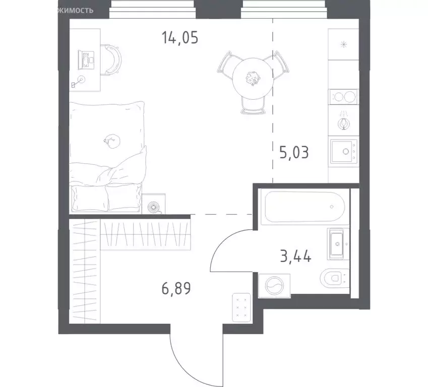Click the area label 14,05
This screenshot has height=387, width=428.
tap(180, 37)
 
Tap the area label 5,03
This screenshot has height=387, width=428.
tap(293, 151)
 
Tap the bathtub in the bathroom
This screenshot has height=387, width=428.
tap(301, 207)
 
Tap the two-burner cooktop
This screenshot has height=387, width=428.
tap(343, 96)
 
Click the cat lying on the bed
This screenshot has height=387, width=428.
tap(111, 142)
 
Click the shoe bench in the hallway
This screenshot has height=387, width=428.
tap(242, 306)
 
